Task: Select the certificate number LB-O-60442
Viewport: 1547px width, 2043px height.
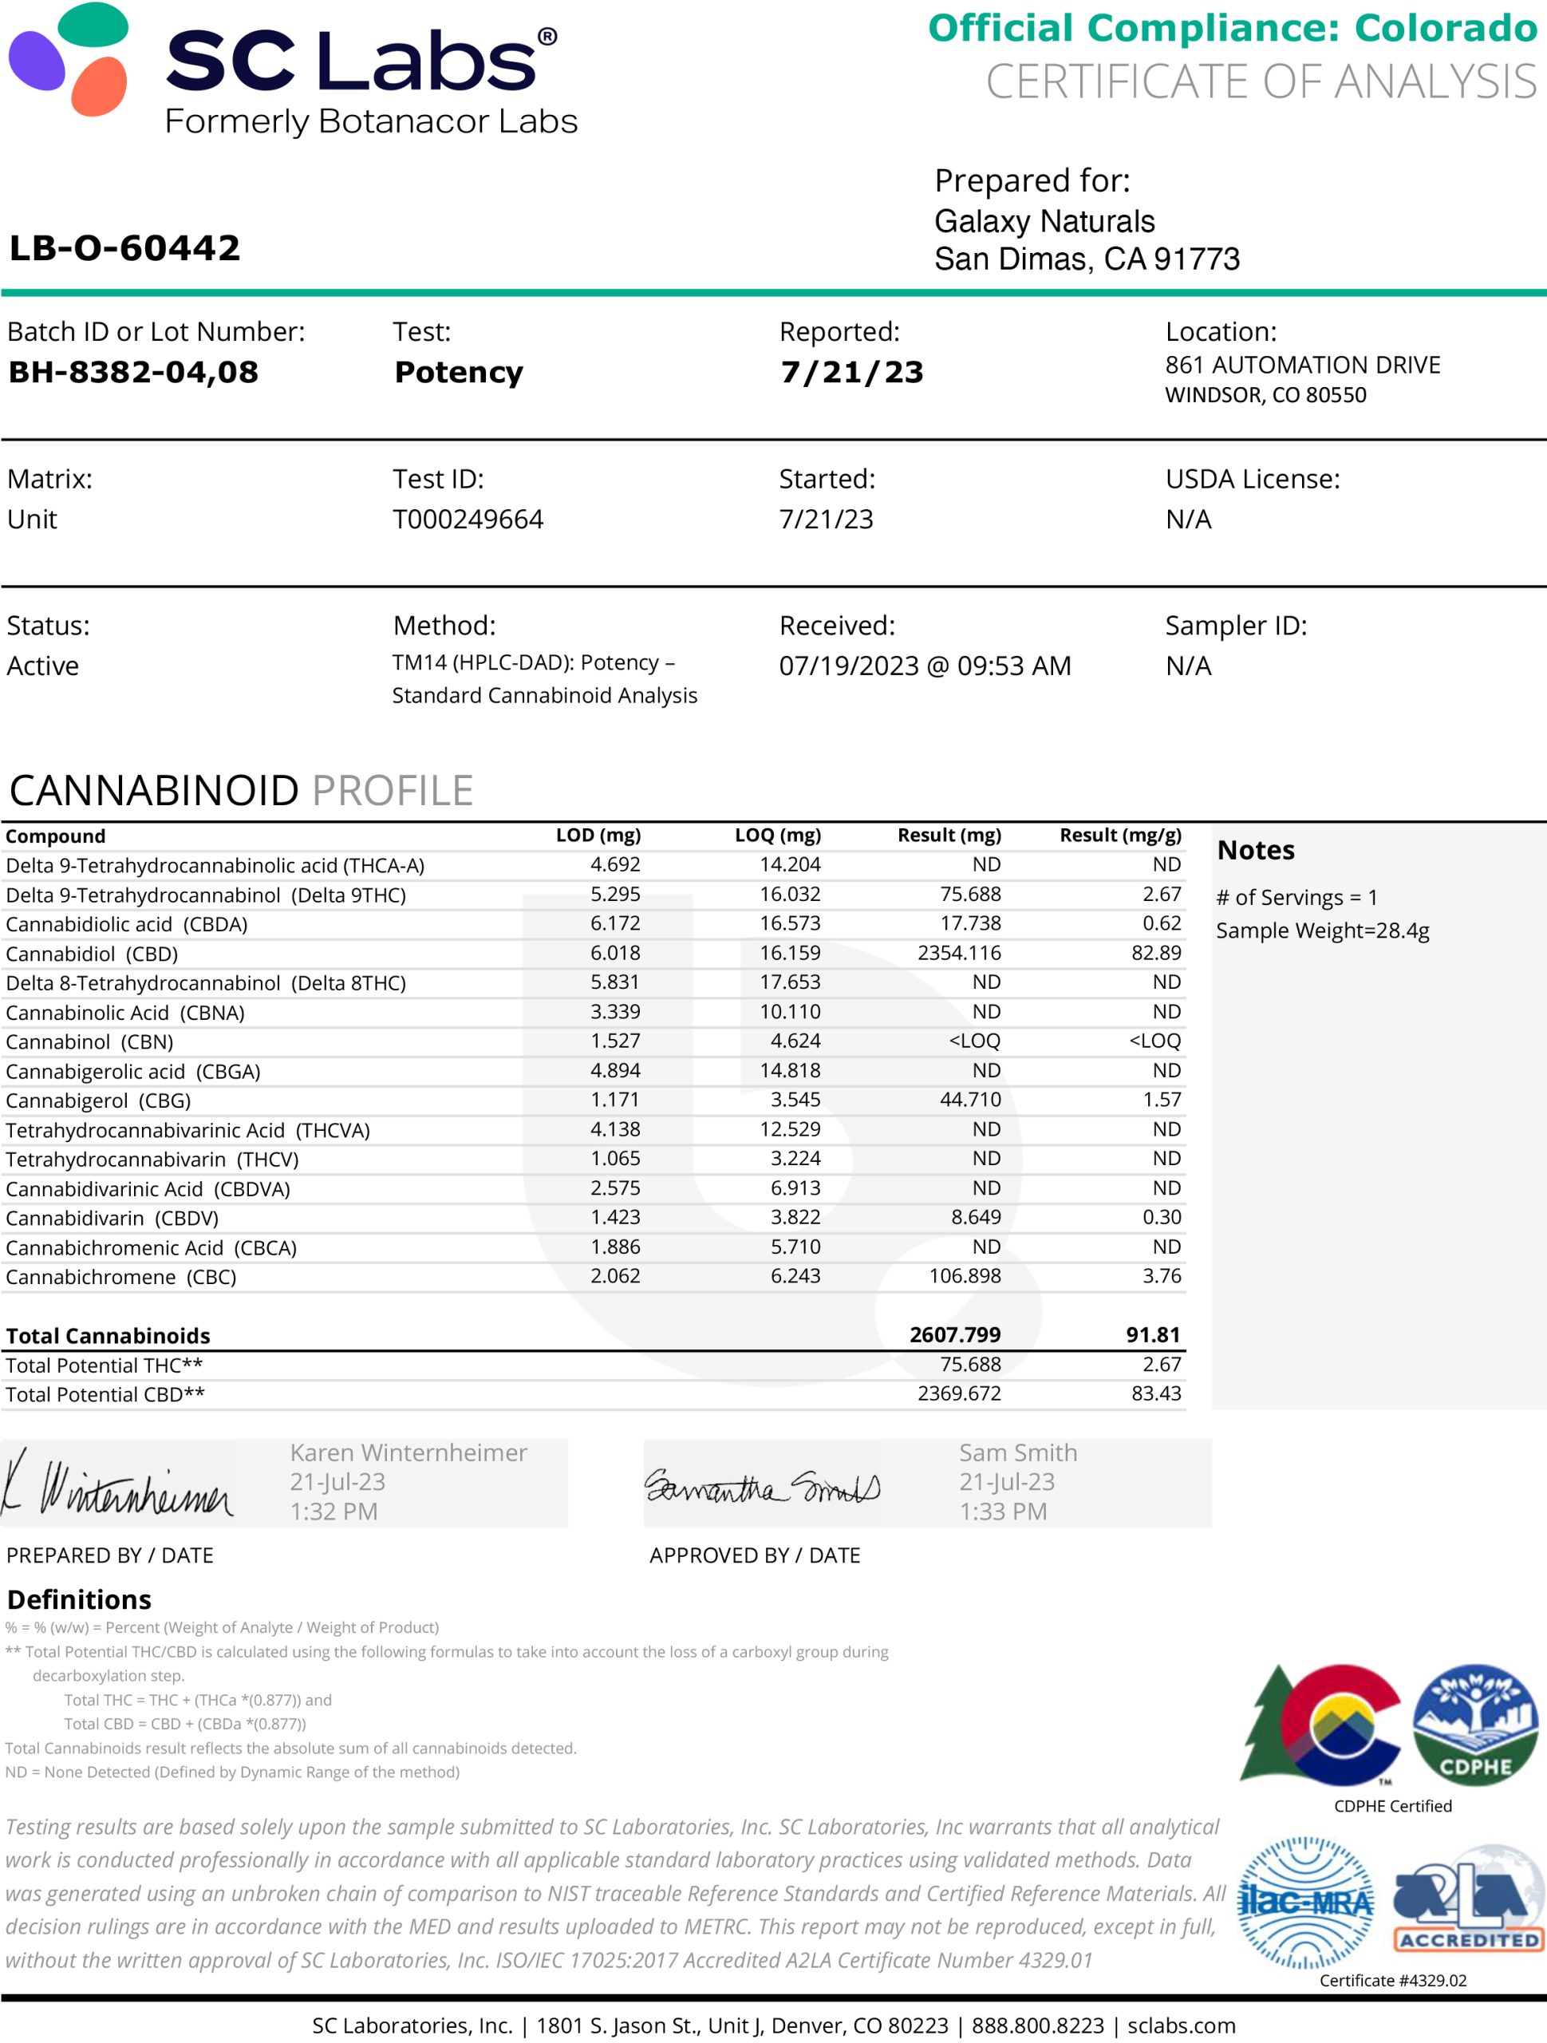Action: click(124, 247)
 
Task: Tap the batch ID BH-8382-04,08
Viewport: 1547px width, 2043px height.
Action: click(133, 371)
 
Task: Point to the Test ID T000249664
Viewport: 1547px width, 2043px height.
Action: click(468, 519)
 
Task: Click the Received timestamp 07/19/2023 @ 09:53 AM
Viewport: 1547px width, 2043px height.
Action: click(925, 666)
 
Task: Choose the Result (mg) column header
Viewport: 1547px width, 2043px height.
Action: click(949, 835)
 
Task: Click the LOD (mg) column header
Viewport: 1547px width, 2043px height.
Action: click(598, 835)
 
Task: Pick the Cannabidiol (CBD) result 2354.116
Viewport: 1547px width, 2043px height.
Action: click(959, 952)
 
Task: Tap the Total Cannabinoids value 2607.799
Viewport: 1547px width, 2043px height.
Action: click(954, 1334)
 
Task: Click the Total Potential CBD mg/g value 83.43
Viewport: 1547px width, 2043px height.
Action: click(1155, 1393)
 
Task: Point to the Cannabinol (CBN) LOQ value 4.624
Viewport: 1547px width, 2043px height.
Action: click(795, 1041)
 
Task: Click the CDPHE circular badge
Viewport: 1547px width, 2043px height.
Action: click(1475, 1724)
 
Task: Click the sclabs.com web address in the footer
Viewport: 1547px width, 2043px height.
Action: click(1182, 2025)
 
